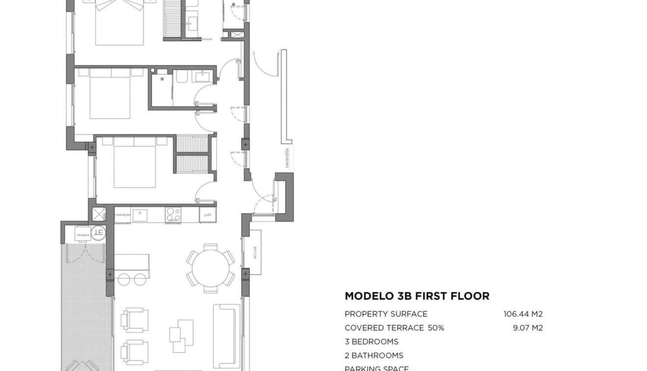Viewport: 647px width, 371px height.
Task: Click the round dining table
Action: pos(210,269)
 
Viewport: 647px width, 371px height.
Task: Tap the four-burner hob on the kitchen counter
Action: pos(173,214)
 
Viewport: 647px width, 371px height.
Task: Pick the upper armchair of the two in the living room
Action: pos(134,320)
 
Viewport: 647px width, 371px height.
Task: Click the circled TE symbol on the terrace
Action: pos(98,232)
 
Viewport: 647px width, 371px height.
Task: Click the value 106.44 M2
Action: pos(523,314)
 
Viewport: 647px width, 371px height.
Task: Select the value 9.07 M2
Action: pos(527,328)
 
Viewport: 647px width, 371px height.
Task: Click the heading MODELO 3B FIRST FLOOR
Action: pos(417,296)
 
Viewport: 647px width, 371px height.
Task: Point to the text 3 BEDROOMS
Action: pos(371,342)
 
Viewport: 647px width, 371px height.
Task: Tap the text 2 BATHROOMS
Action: pos(374,355)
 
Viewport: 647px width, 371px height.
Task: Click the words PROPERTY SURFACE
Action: pos(386,314)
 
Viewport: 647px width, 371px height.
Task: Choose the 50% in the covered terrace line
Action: pos(435,328)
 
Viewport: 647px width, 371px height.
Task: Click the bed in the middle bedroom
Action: pos(110,94)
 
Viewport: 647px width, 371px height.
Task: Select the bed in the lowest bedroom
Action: pos(134,163)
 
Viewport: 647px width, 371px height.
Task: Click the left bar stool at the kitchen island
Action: pos(124,280)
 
